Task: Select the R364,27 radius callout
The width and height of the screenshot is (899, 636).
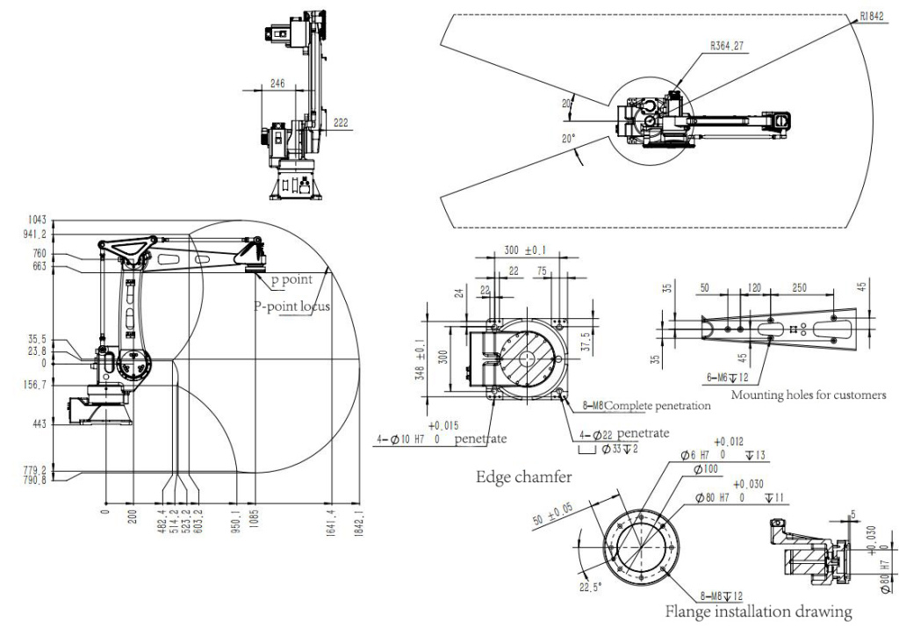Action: pos(729,45)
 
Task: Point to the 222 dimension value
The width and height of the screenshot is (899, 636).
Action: pos(342,124)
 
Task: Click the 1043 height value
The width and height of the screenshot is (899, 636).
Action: pos(37,219)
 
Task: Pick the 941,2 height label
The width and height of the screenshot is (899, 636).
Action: pos(35,234)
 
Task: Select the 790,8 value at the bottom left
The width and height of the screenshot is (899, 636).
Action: pos(35,480)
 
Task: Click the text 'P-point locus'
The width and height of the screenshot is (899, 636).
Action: pos(292,307)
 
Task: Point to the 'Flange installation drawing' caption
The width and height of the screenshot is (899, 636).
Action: pos(759,611)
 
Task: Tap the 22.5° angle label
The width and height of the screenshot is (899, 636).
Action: pos(590,586)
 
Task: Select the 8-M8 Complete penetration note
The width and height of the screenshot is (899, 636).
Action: pos(648,407)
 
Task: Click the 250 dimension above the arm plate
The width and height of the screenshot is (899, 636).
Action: pos(797,287)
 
